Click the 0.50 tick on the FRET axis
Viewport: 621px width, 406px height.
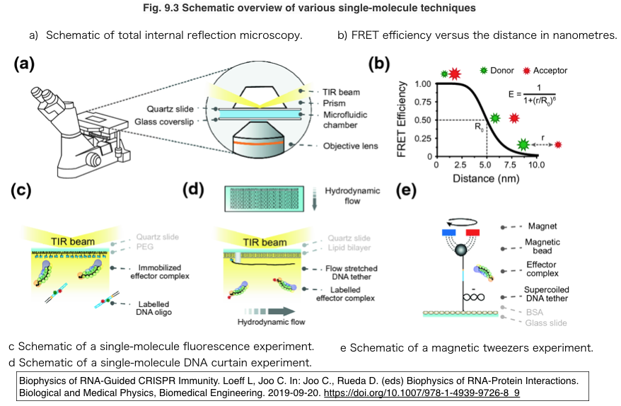click(422, 120)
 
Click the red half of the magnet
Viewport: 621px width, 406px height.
click(472, 231)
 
